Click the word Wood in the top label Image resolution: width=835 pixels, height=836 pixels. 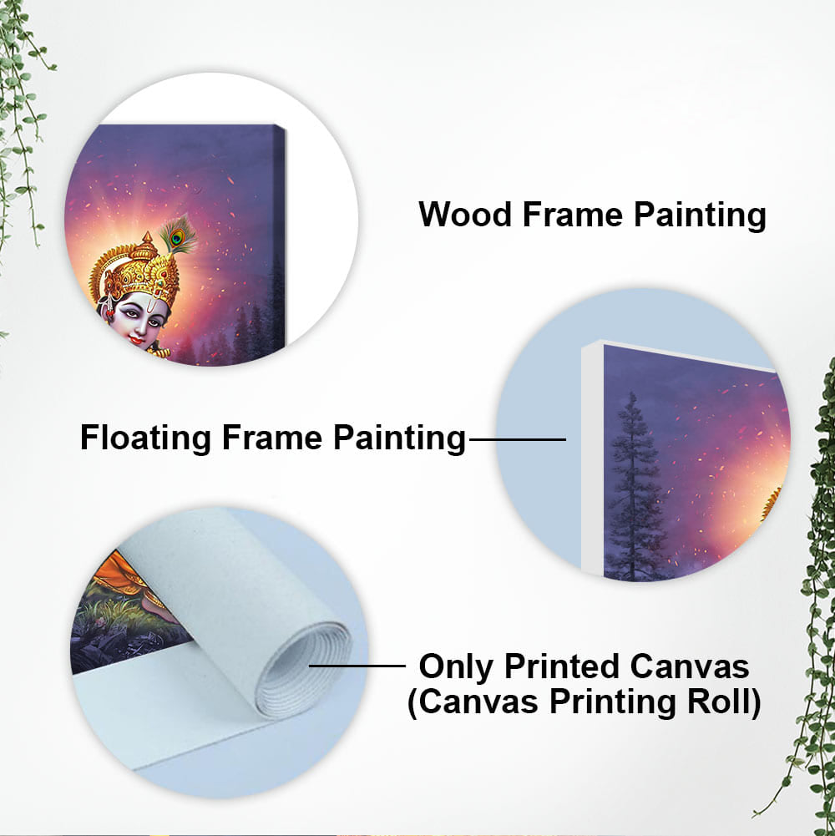[x=464, y=215]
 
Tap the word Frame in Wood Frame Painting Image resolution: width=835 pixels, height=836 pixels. [x=572, y=215]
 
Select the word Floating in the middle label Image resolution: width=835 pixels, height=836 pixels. [x=145, y=438]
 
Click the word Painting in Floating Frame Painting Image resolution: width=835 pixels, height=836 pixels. [x=399, y=438]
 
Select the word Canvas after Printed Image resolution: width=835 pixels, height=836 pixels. [x=689, y=666]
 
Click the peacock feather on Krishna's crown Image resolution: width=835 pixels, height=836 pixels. [x=179, y=235]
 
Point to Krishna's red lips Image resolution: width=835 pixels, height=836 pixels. [x=135, y=340]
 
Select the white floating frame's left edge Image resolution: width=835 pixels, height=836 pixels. [x=592, y=458]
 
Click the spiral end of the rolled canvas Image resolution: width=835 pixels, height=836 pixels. [x=304, y=671]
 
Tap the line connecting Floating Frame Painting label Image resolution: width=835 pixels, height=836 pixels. [x=517, y=439]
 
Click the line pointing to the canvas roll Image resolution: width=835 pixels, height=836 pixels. [x=357, y=666]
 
